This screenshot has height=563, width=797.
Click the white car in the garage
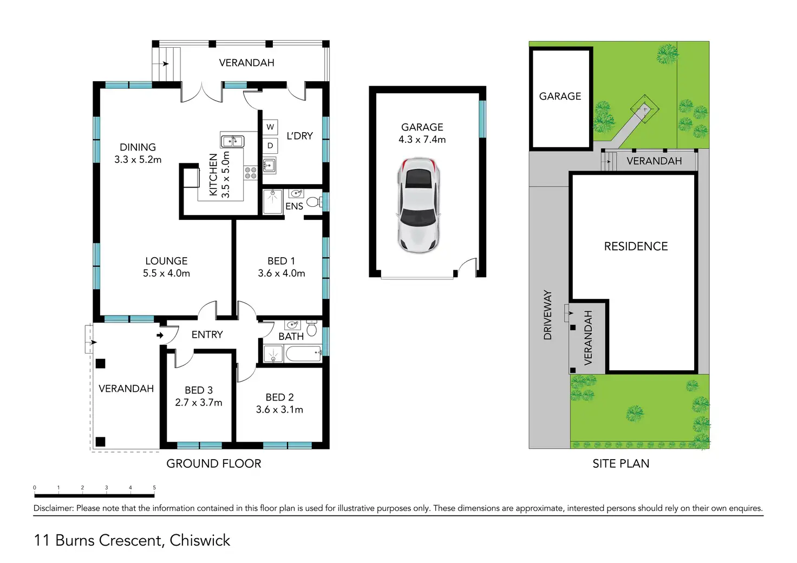pyautogui.click(x=419, y=206)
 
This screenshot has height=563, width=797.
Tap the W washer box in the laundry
pyautogui.click(x=270, y=127)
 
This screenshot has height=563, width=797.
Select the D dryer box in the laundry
pyautogui.click(x=270, y=146)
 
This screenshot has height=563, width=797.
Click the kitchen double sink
pyautogui.click(x=232, y=141)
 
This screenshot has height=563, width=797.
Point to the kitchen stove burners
pyautogui.click(x=251, y=173)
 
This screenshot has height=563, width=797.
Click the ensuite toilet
pyautogui.click(x=314, y=202)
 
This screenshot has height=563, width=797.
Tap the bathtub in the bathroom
pyautogui.click(x=304, y=353)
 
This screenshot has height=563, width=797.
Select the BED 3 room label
pyautogui.click(x=199, y=390)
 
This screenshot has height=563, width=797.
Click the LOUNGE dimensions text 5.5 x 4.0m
pyautogui.click(x=167, y=273)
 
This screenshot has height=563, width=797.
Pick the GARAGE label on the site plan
pyautogui.click(x=560, y=96)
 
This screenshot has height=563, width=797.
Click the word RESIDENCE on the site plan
pyautogui.click(x=636, y=246)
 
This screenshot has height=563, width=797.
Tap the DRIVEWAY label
pyautogui.click(x=547, y=315)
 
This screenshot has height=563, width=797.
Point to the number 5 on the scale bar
pyautogui.click(x=154, y=487)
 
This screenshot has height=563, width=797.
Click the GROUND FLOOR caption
pyautogui.click(x=214, y=463)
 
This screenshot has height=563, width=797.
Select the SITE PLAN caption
pyautogui.click(x=621, y=463)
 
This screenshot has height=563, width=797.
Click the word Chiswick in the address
pyautogui.click(x=200, y=540)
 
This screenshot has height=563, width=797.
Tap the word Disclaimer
pyautogui.click(x=54, y=508)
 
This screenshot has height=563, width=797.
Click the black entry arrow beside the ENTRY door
pyautogui.click(x=160, y=335)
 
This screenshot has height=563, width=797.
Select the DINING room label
pyautogui.click(x=138, y=147)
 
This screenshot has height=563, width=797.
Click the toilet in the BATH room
pyautogui.click(x=312, y=328)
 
